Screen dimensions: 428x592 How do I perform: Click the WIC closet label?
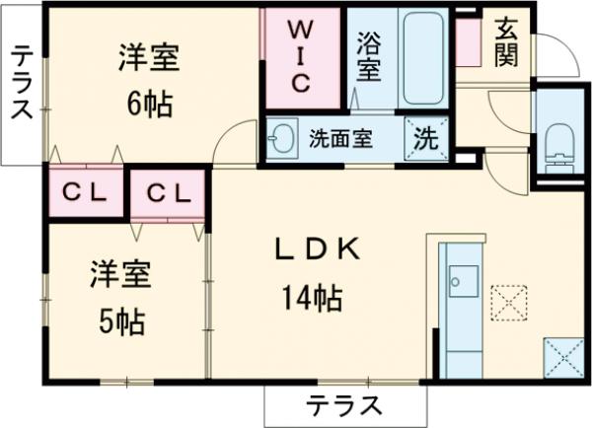tap(301, 58)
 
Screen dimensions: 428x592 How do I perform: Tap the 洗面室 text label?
tap(339, 139)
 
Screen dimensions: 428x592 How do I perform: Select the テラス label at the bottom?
tap(343, 404)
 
